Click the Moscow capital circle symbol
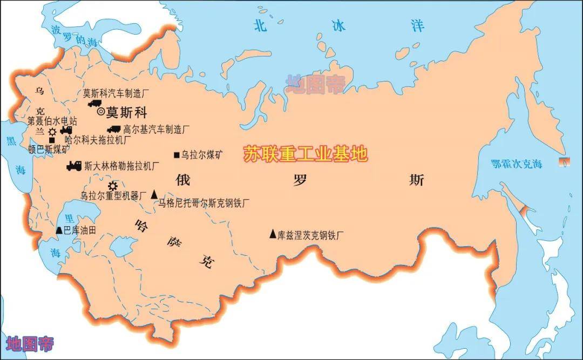point(101,112)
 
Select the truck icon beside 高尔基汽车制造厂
point(113,129)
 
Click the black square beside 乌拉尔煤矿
point(177,155)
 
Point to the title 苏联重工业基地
point(305,154)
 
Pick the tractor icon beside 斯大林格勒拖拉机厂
point(74,166)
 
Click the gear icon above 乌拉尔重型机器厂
point(113,186)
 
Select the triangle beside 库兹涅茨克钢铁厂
point(273,234)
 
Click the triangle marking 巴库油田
point(59,230)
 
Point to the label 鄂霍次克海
point(516,164)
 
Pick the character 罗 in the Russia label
point(300,180)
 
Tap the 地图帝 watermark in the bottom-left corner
point(30,343)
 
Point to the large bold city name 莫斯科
point(126,112)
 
